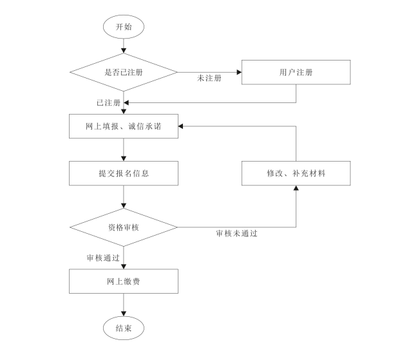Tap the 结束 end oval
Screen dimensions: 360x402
[123, 328]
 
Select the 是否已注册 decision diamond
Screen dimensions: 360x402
[123, 71]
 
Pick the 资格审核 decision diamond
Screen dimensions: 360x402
[123, 227]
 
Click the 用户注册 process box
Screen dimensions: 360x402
[296, 71]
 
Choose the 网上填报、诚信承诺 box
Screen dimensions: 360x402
[123, 127]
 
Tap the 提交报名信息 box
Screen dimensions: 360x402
[123, 173]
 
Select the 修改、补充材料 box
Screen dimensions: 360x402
[296, 173]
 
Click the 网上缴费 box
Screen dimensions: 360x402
[123, 281]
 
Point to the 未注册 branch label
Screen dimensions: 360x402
[209, 79]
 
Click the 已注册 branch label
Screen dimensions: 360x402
[108, 102]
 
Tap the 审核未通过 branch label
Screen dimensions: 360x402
[236, 233]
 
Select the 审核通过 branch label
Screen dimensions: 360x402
[104, 258]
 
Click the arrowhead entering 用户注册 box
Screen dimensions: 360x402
[238, 71]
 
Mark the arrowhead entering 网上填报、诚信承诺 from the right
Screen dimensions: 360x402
[182, 127]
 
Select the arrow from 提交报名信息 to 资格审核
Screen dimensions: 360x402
[123, 196]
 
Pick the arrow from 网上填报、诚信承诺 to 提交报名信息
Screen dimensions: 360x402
[123, 149]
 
